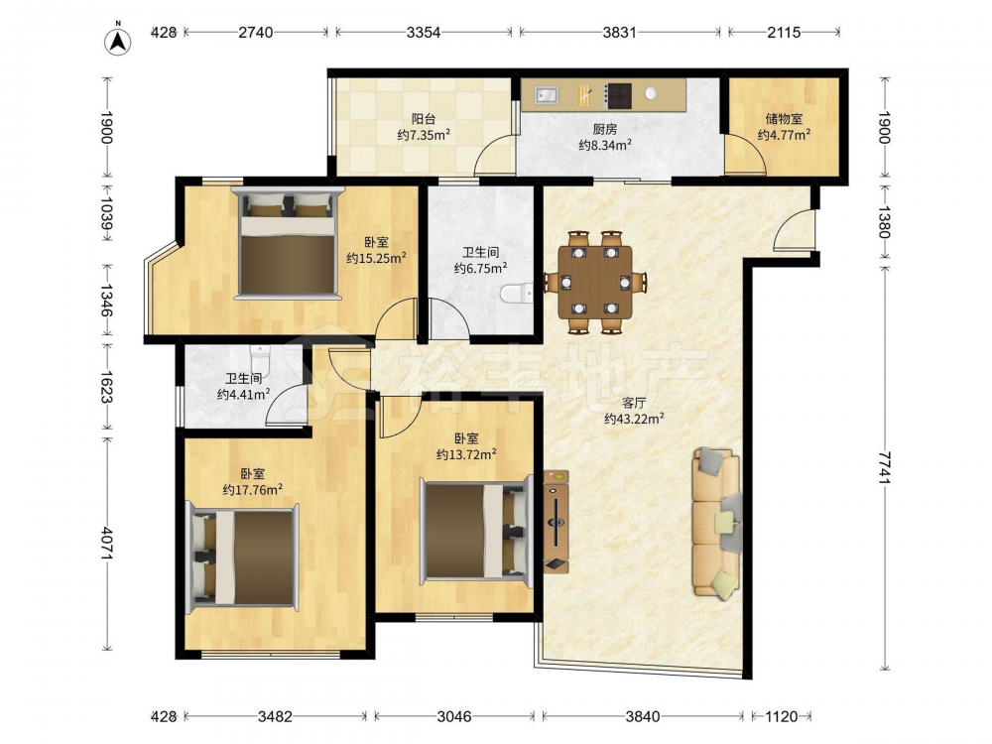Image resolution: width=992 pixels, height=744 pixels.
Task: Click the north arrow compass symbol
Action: tap(118, 40)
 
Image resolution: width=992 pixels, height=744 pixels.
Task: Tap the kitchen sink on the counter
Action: tap(547, 95)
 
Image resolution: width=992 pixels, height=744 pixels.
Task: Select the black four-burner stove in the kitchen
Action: tap(617, 95)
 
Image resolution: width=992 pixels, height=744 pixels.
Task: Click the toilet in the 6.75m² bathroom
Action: tap(516, 294)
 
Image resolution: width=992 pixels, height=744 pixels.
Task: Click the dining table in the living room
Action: tap(594, 281)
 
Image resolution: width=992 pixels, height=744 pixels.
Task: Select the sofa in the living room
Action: tap(717, 523)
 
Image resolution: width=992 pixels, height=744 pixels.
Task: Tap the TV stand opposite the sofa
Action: tap(557, 522)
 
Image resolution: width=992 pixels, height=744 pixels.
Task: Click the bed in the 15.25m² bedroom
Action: tap(288, 243)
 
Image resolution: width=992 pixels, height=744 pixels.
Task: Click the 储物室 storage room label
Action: tap(784, 118)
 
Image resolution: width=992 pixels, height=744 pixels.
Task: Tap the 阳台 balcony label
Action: tap(424, 118)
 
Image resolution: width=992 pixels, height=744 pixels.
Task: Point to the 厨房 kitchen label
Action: tap(605, 129)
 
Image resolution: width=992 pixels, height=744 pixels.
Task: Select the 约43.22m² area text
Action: tap(634, 419)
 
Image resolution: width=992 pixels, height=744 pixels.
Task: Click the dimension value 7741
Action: tap(885, 467)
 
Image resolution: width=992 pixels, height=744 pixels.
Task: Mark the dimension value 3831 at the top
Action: tap(619, 32)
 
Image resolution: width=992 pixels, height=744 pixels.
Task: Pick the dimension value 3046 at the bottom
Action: tap(454, 716)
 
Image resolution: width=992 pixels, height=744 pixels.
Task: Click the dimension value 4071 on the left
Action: tap(106, 543)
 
